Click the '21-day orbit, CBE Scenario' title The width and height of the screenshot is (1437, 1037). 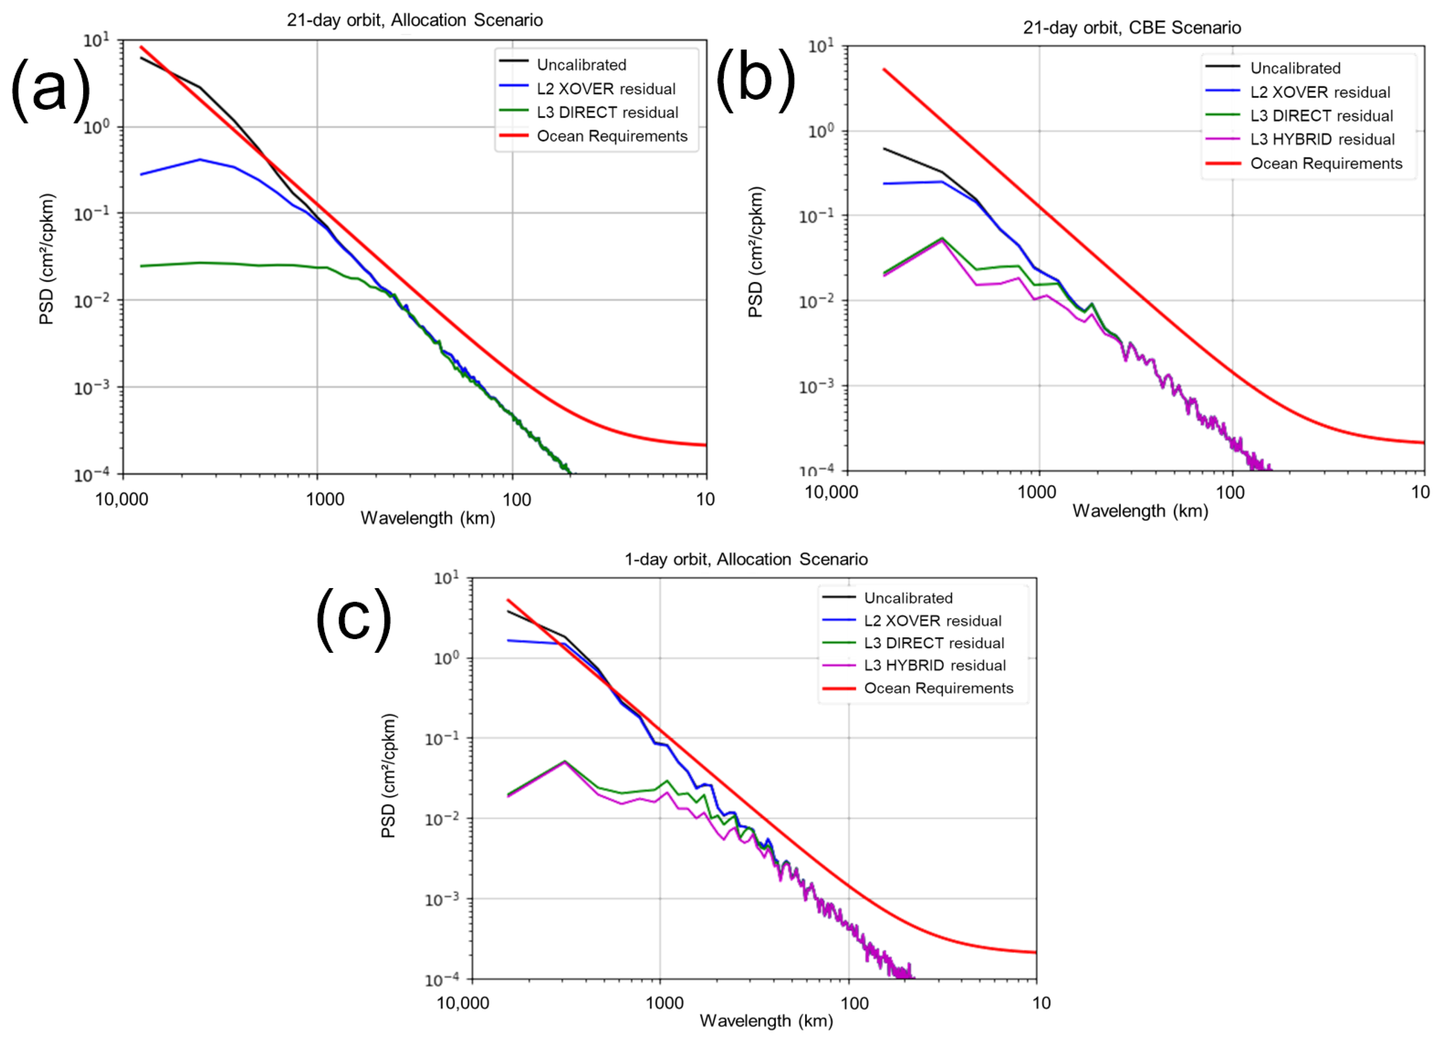pyautogui.click(x=1132, y=28)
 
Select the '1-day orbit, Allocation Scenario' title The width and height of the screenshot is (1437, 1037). pyautogui.click(x=746, y=559)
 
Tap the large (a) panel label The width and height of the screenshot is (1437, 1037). pyautogui.click(x=51, y=89)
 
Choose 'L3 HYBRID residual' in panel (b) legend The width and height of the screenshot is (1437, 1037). pyautogui.click(x=1322, y=140)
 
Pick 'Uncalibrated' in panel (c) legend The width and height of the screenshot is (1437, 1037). pyautogui.click(x=908, y=598)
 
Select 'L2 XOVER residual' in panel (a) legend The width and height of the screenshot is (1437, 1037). pyautogui.click(x=606, y=89)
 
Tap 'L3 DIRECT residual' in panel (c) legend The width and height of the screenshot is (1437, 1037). pyautogui.click(x=934, y=643)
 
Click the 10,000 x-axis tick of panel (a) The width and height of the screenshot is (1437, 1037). pyautogui.click(x=122, y=500)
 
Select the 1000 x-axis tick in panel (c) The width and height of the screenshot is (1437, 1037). pyautogui.click(x=664, y=1003)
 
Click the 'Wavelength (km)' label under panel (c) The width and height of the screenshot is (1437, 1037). pyautogui.click(x=766, y=1020)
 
